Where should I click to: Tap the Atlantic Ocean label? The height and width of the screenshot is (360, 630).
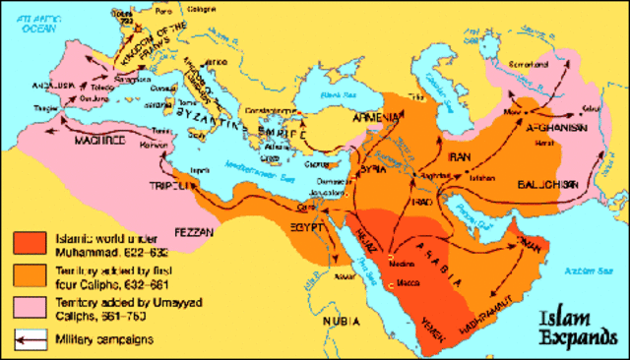click(29, 14)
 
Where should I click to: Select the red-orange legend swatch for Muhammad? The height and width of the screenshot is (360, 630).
click(31, 244)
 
